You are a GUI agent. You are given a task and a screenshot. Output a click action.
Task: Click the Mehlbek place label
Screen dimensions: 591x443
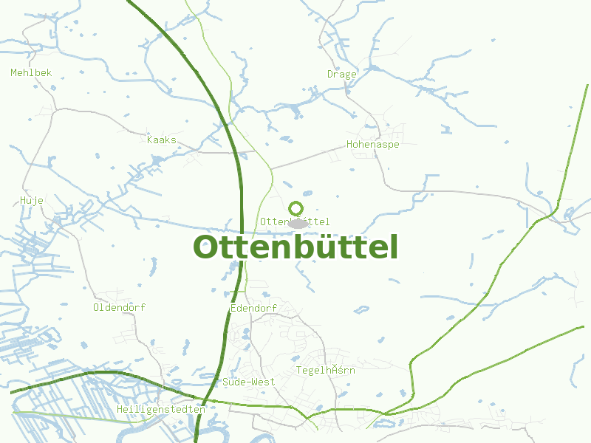point(31,72)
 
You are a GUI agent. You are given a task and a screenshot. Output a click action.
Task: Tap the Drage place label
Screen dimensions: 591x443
point(342,74)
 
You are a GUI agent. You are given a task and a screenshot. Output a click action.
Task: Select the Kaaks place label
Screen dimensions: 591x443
point(162,140)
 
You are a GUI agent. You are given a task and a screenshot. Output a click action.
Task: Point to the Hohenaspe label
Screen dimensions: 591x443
point(373,145)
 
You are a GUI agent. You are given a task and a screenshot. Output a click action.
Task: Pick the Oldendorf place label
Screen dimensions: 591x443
point(120,307)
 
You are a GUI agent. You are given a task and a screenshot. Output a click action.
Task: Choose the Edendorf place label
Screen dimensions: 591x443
point(253,308)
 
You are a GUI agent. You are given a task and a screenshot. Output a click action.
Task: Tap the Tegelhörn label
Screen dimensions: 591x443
point(325,370)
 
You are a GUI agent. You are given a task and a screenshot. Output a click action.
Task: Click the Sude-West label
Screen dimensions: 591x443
point(248,382)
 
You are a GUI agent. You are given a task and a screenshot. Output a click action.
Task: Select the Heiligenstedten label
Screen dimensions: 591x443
point(161,409)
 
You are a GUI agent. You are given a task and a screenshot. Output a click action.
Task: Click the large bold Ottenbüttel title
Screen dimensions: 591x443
point(295,247)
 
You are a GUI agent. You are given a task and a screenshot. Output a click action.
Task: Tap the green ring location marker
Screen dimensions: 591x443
point(296,208)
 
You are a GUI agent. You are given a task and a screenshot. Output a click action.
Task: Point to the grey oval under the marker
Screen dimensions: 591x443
point(297,223)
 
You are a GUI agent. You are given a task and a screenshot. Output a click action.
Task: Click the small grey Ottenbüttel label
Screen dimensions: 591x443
point(295,221)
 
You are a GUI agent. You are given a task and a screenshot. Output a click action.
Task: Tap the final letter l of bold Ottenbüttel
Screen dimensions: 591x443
point(393,247)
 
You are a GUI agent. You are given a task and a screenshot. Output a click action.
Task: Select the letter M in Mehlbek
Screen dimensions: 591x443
point(13,72)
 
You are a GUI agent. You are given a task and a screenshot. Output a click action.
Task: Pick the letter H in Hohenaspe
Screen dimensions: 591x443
point(350,145)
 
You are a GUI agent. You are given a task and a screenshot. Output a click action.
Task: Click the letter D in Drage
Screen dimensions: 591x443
point(330,74)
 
